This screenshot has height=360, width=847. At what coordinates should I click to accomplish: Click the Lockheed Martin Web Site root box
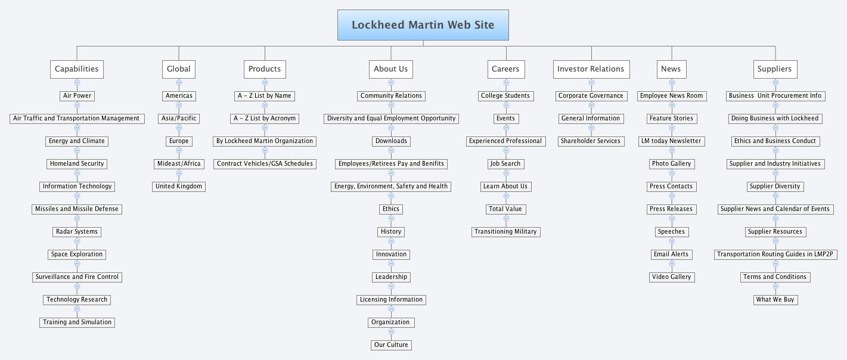coord(423,25)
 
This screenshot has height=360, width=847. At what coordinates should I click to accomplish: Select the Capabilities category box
coord(77,69)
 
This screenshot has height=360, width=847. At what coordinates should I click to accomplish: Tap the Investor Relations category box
coord(591,69)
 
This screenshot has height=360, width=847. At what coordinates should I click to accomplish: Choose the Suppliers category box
coord(775,69)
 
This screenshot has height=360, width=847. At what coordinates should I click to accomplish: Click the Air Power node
coord(77,96)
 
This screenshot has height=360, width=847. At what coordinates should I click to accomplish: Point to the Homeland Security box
coord(77,164)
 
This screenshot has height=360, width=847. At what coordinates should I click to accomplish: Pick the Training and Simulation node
coord(77,322)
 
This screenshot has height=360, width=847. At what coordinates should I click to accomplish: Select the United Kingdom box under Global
coord(179,187)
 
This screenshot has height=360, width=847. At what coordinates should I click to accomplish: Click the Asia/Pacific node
coord(179,119)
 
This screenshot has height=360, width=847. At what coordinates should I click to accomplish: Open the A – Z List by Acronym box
coord(265,119)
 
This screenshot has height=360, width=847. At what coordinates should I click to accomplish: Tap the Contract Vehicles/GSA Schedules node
coord(265,164)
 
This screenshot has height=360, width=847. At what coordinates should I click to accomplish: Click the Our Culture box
coord(391,345)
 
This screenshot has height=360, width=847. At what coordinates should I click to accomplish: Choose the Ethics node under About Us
coord(391,209)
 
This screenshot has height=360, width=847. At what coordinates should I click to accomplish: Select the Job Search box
coord(505,164)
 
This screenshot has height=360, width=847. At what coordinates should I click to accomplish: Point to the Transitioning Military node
coord(505,232)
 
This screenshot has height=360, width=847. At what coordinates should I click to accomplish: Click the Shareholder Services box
coord(591,141)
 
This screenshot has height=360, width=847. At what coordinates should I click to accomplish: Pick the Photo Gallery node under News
coord(671,164)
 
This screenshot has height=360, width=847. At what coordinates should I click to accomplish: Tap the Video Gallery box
coord(671,277)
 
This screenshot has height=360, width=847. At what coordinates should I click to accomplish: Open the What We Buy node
coord(775,300)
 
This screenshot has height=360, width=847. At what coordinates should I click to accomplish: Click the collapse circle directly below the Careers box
coord(506,82)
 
